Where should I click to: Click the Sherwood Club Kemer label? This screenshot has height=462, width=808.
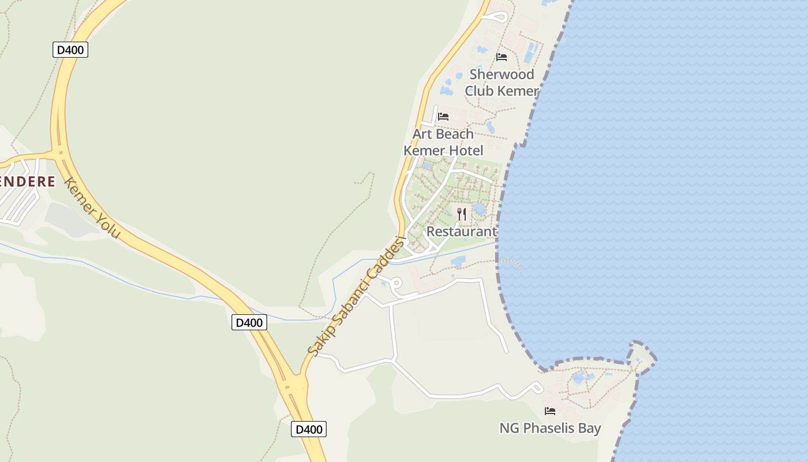pyautogui.click(x=502, y=83)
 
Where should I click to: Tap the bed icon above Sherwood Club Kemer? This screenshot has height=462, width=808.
pyautogui.click(x=502, y=57)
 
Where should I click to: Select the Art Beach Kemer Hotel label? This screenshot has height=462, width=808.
pyautogui.click(x=443, y=142)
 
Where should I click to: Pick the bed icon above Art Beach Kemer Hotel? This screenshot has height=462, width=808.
pyautogui.click(x=443, y=117)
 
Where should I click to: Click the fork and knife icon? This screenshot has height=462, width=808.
pyautogui.click(x=462, y=214)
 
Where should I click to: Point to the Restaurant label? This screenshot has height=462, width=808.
pyautogui.click(x=461, y=232)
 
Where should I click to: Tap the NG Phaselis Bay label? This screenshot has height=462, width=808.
pyautogui.click(x=550, y=429)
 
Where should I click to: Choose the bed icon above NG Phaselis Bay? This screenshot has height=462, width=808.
pyautogui.click(x=550, y=411)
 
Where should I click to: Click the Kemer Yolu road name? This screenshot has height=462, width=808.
pyautogui.click(x=92, y=208)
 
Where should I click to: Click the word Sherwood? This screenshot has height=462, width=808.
pyautogui.click(x=502, y=74)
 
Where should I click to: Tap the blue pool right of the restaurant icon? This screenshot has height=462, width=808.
pyautogui.click(x=479, y=208)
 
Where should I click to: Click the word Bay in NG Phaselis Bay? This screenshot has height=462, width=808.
pyautogui.click(x=590, y=429)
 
